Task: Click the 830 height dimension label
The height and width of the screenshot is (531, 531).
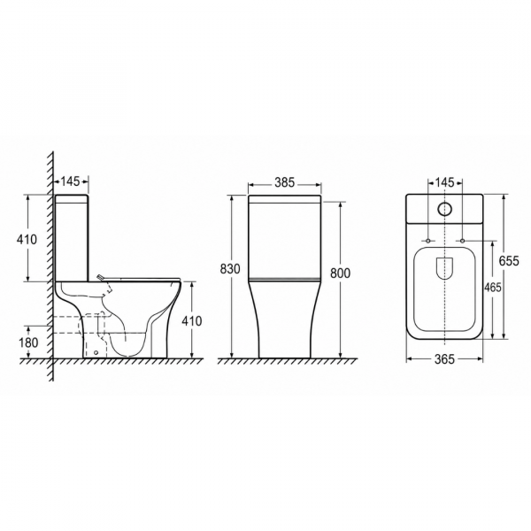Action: point(230,268)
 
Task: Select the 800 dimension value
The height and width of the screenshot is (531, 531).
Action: point(340,273)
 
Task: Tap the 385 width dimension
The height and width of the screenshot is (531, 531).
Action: point(285,182)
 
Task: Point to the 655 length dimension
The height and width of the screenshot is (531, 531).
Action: point(509,261)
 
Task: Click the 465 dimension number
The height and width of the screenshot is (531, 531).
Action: point(493,287)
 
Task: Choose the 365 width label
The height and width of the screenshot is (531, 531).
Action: point(444,359)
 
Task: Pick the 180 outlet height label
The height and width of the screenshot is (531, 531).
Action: point(28,342)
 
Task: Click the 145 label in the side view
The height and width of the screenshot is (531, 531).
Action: point(70,181)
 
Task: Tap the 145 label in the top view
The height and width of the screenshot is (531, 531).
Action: point(444,182)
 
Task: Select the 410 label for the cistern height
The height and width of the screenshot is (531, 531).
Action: point(27,240)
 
